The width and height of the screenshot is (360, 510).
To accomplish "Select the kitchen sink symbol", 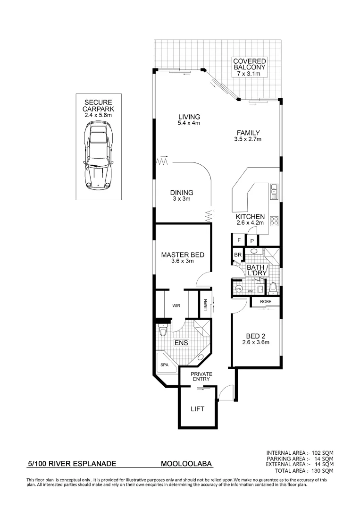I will (x=274, y=191).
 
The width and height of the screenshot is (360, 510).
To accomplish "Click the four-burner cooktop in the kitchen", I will (x=274, y=221).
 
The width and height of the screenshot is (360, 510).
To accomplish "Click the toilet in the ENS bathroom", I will (x=163, y=331).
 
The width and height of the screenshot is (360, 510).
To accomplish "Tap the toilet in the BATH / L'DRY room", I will (x=273, y=288).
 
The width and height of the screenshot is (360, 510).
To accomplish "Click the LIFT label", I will (x=197, y=409).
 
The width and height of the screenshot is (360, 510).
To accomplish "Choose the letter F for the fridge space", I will (x=239, y=240).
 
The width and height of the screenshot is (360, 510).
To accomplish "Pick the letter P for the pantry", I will (x=252, y=240).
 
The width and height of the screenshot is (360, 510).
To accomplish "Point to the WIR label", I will (x=176, y=306).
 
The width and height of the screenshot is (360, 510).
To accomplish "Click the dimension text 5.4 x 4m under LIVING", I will (x=189, y=124).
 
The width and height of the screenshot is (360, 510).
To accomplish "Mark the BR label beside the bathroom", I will (x=238, y=255).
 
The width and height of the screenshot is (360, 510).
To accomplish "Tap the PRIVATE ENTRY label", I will (x=201, y=377).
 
